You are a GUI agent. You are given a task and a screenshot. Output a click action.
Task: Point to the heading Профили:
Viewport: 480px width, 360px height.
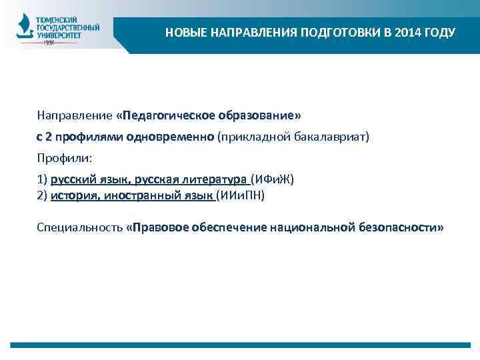click(65, 159)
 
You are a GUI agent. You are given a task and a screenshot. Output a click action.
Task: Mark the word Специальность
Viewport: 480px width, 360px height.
click(79, 228)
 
